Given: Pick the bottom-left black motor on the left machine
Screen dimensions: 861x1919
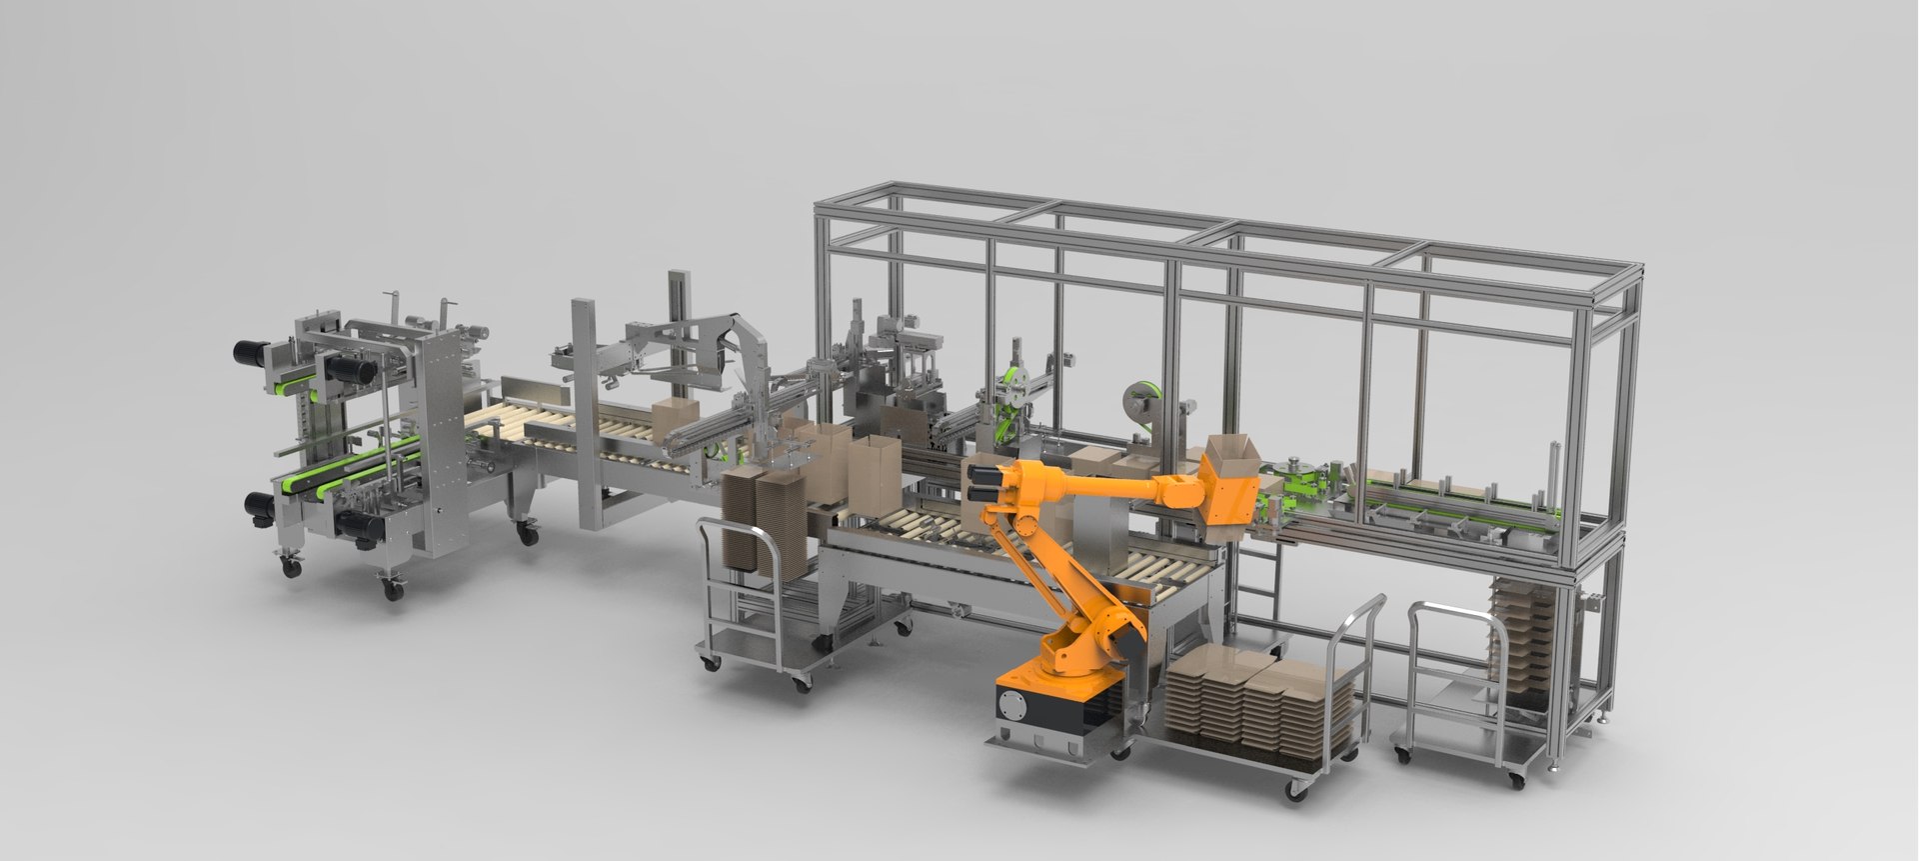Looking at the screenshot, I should (x=255, y=505).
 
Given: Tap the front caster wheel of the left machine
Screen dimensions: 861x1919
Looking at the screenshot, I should (x=392, y=590).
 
